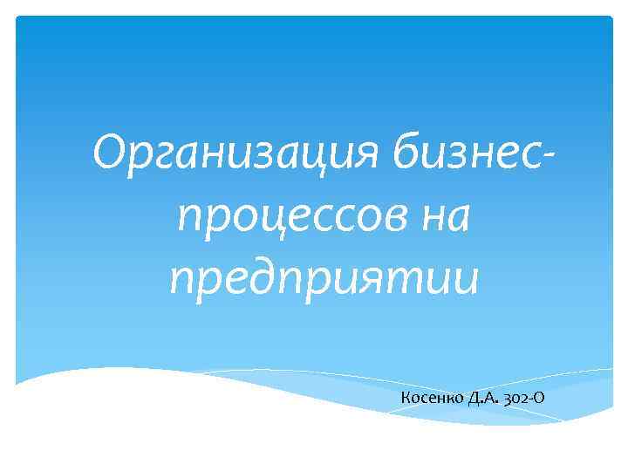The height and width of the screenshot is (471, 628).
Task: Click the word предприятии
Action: (324, 279)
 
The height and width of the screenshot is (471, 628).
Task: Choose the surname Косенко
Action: (432, 399)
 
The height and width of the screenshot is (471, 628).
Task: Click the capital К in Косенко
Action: (406, 399)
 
